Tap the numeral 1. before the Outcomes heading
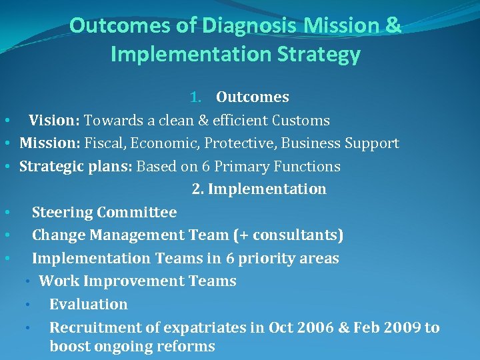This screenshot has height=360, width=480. click(197, 97)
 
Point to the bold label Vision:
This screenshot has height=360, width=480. click(54, 121)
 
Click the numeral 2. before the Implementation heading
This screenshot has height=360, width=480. click(198, 189)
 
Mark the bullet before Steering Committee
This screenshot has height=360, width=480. click(6, 213)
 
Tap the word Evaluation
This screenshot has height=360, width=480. click(89, 305)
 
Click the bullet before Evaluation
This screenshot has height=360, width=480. click(28, 305)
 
